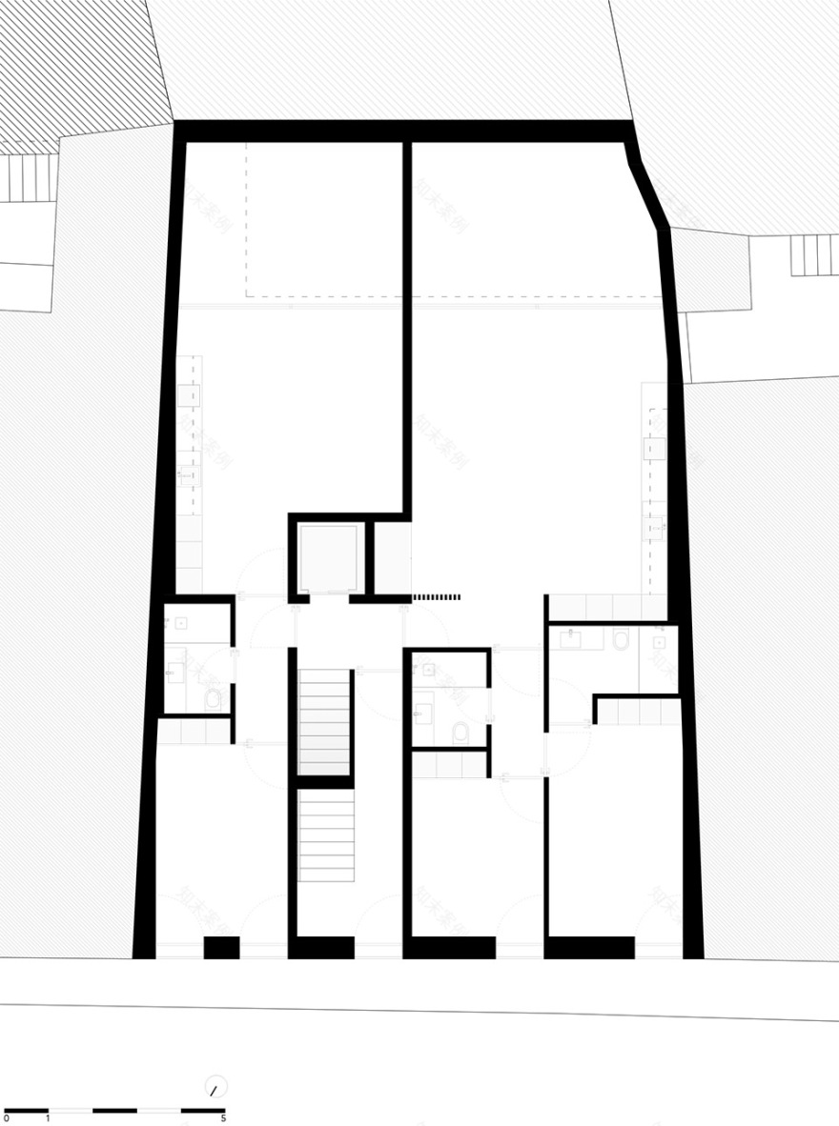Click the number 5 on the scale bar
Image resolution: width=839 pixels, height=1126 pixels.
[x=223, y=1117]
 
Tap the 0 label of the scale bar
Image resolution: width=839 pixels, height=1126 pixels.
[x=6, y=1117]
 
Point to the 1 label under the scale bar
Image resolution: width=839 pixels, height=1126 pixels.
[x=49, y=1117]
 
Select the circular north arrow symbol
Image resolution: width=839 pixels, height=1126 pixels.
[x=216, y=1087]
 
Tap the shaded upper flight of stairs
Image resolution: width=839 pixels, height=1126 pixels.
[x=325, y=721]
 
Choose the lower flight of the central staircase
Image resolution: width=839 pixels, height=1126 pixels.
[x=326, y=835]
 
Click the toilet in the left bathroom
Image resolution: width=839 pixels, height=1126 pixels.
[x=213, y=700]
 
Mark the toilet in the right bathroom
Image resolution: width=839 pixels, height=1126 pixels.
[x=621, y=639]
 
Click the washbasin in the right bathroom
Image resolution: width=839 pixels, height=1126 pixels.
[x=572, y=639]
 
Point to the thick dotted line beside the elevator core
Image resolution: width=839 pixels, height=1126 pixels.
[x=437, y=597]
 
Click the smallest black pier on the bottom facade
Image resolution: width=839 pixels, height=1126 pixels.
[x=221, y=947]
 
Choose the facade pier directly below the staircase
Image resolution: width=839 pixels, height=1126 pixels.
[x=322, y=947]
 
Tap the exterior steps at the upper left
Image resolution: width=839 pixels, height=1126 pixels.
[x=30, y=178]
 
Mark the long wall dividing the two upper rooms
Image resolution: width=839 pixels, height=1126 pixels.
[x=407, y=324]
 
